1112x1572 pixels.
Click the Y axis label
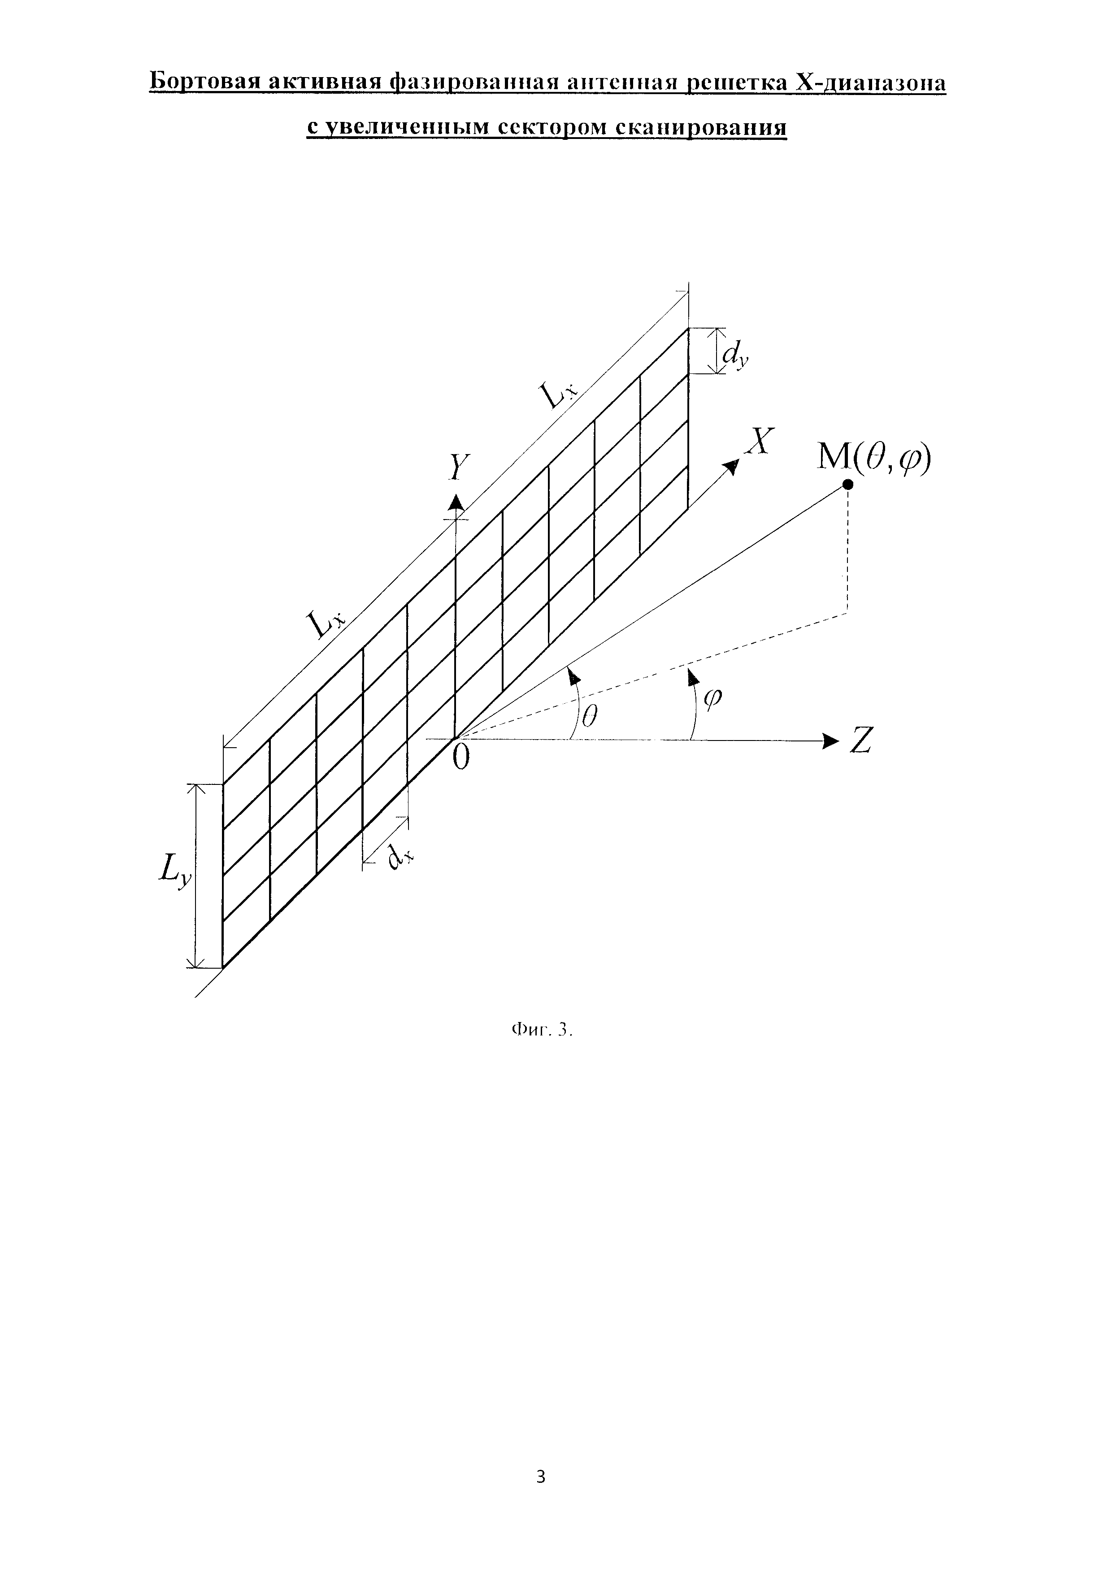(x=457, y=469)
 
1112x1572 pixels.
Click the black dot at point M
(x=848, y=485)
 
